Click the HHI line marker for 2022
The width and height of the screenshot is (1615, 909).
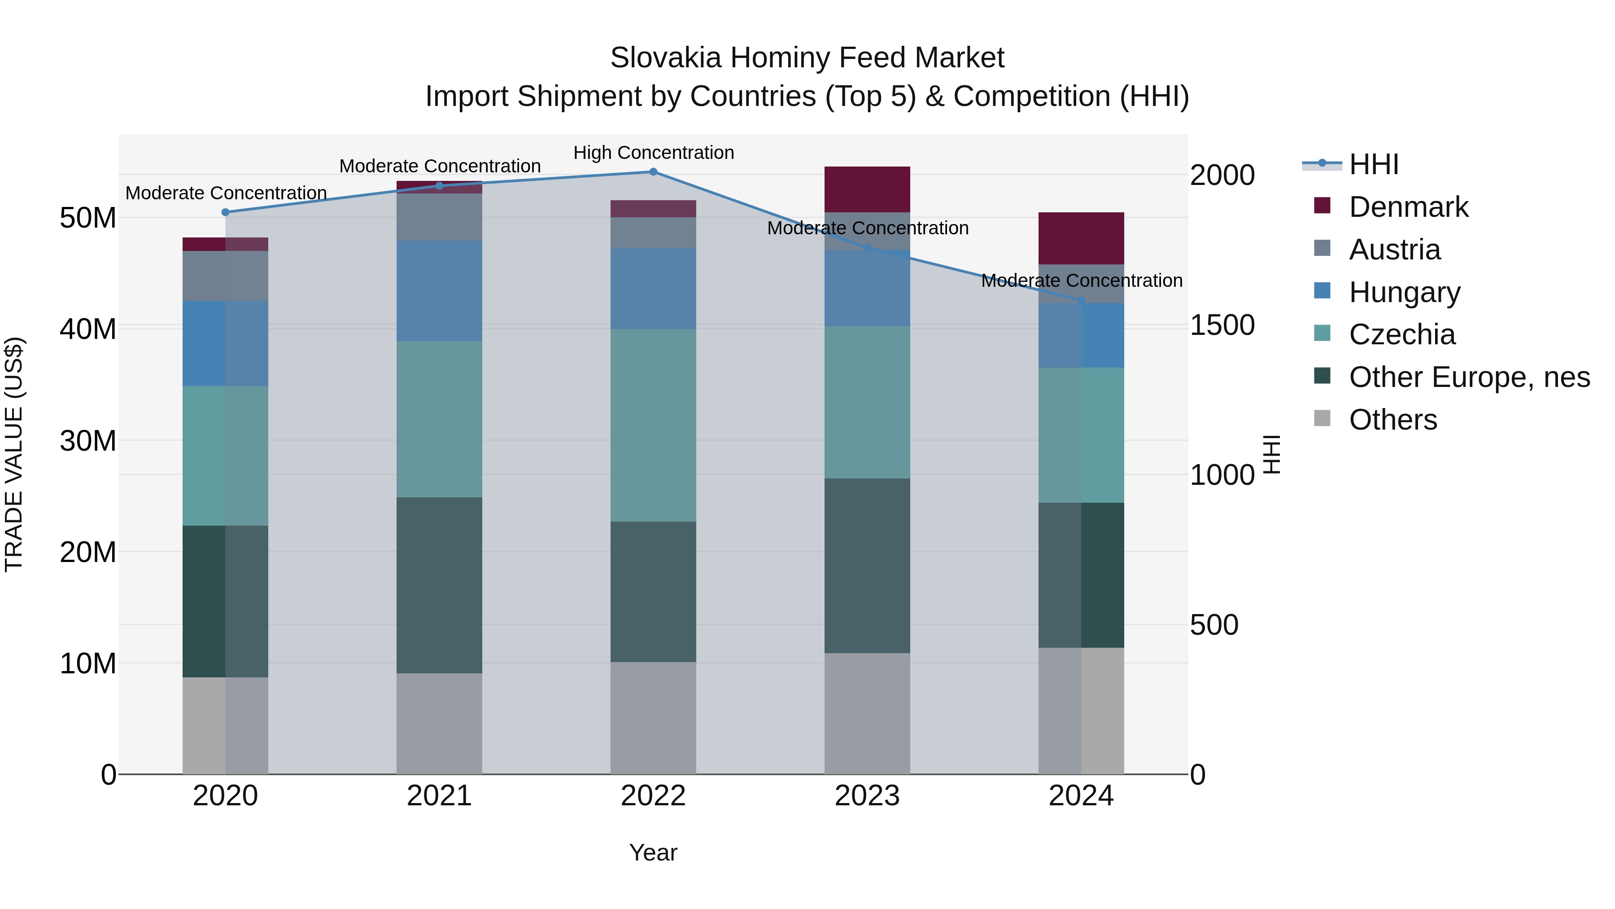pos(653,172)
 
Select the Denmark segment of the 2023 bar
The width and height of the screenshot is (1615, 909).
pos(867,189)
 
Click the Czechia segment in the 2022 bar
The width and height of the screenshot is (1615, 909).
pos(653,426)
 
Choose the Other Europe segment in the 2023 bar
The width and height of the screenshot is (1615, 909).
pos(867,566)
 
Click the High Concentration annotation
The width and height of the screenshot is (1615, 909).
pos(653,153)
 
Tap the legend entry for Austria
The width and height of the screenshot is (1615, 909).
pos(1394,250)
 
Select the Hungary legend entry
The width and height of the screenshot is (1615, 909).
pos(1404,292)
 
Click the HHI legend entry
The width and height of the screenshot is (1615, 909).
pos(1373,164)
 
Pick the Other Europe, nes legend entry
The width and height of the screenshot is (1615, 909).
pos(1469,377)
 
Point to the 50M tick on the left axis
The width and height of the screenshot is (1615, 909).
pos(88,218)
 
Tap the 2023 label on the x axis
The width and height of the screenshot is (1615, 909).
pos(867,796)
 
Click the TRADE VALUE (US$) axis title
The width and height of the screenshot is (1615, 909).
pos(14,454)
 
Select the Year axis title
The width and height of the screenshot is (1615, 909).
pos(653,852)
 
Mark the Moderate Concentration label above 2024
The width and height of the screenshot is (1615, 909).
pos(1082,281)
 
